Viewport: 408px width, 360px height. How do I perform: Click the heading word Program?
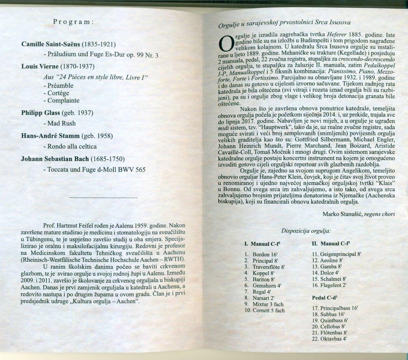tap(73, 21)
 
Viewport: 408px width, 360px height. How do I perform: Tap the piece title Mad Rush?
tap(59, 123)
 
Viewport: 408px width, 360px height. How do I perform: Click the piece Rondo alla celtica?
tap(70, 146)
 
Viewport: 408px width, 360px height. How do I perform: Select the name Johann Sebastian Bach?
tap(55, 159)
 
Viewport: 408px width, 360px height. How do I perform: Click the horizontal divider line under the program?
tap(104, 198)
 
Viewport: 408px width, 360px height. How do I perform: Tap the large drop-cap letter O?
tap(225, 44)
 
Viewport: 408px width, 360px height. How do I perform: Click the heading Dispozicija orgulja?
tap(306, 231)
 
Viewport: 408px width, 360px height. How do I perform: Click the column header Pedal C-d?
tap(326, 297)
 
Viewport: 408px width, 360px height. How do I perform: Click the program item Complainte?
tap(61, 101)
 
